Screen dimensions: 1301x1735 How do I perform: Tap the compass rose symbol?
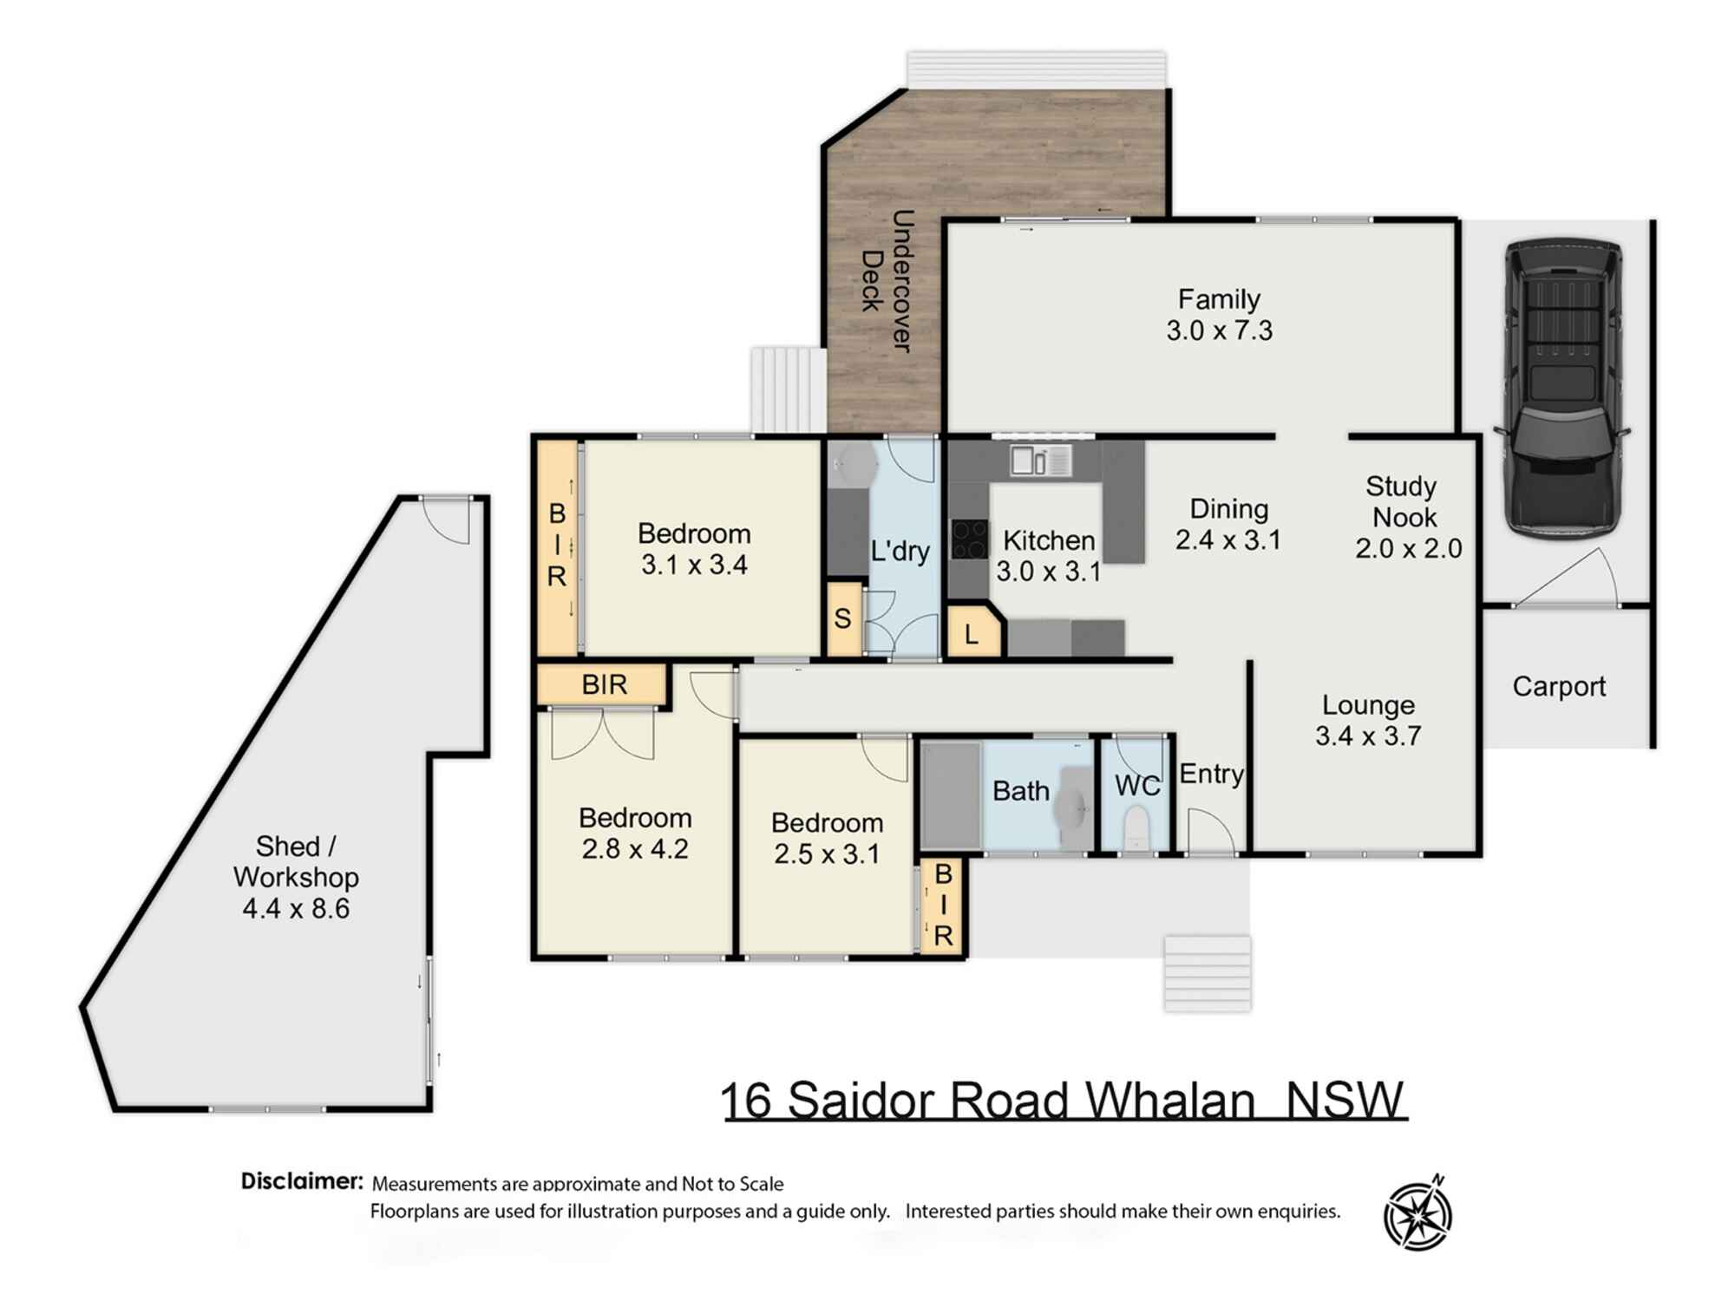point(1417,1214)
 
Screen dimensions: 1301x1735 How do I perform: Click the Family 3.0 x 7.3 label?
point(1219,315)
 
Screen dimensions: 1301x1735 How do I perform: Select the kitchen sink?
point(1040,460)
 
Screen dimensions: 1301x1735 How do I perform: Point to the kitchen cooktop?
point(969,539)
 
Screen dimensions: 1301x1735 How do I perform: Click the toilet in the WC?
point(1136,828)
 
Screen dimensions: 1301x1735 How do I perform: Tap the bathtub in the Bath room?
point(951,794)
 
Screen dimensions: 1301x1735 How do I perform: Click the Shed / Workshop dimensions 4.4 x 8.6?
point(296,909)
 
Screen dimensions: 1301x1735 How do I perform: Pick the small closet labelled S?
point(843,619)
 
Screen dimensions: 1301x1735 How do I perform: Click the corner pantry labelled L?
point(972,634)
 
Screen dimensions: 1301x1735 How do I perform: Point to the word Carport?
point(1559,687)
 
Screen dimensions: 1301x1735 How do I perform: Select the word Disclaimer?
point(302,1181)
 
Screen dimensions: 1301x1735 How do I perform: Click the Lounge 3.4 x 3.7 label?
point(1368,720)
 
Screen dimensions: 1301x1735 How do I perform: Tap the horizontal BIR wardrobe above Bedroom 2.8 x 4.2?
point(603,685)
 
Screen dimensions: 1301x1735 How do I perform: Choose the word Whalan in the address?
point(1170,1101)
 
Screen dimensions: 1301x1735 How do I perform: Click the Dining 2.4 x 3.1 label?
point(1228,524)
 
